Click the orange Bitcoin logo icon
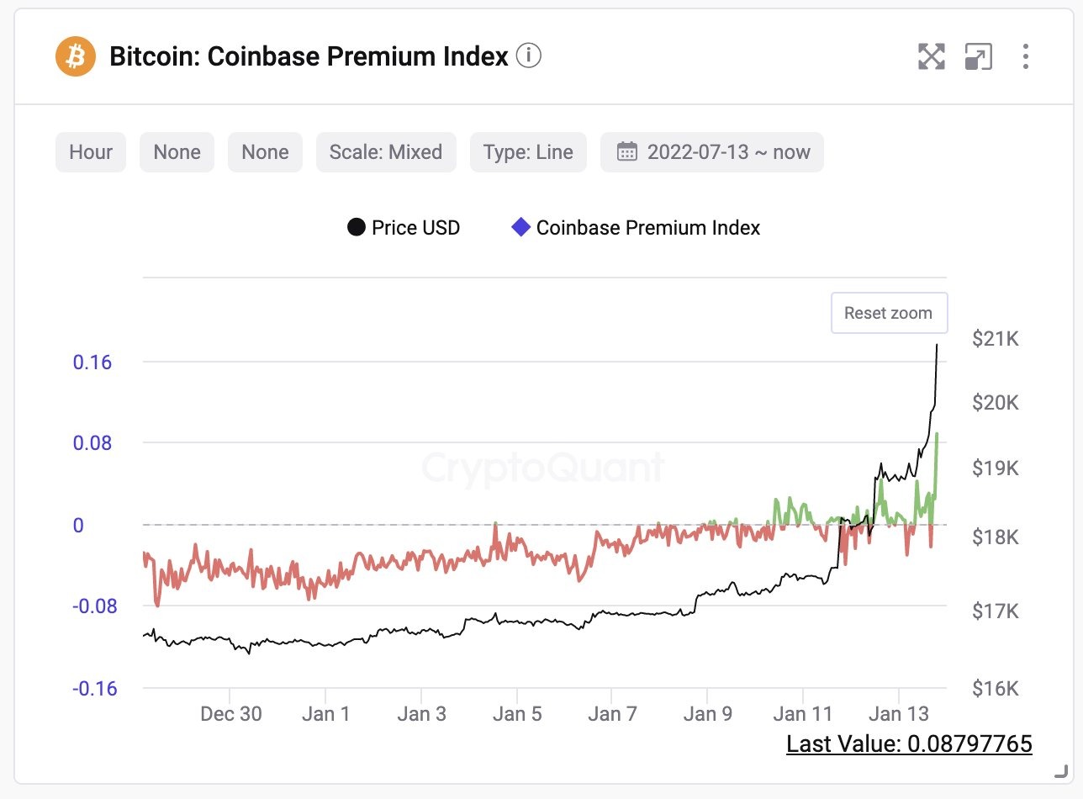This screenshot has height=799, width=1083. tap(76, 57)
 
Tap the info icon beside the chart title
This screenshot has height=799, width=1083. tap(528, 56)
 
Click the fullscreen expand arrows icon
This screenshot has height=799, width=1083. tap(931, 56)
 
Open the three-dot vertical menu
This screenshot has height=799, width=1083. tap(1025, 56)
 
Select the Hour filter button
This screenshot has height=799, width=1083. tap(91, 152)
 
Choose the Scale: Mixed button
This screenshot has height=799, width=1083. tap(386, 152)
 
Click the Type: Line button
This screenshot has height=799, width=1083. tap(528, 152)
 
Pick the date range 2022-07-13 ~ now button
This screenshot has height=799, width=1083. tap(712, 152)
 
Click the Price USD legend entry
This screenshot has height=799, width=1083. tap(404, 228)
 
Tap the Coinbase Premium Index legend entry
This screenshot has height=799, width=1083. tap(637, 228)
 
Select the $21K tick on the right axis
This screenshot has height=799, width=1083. tap(995, 339)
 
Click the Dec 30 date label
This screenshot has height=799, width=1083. tap(231, 714)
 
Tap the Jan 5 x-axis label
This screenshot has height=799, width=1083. tap(517, 714)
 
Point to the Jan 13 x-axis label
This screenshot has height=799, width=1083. tap(899, 714)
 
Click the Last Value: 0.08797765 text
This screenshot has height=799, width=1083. tap(909, 743)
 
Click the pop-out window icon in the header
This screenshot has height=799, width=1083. tap(978, 56)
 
